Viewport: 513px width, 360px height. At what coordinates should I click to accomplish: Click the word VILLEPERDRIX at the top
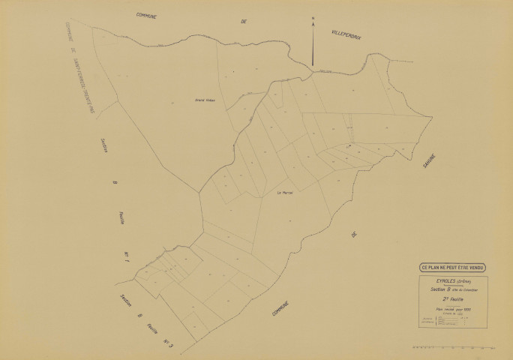pyautogui.click(x=346, y=34)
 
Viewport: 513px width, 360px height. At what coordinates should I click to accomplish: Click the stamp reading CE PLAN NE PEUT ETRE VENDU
pyautogui.click(x=452, y=267)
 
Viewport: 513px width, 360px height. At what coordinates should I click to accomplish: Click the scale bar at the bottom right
pyautogui.click(x=454, y=349)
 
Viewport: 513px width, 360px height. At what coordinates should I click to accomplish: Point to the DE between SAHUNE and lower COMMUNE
pyautogui.click(x=353, y=235)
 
